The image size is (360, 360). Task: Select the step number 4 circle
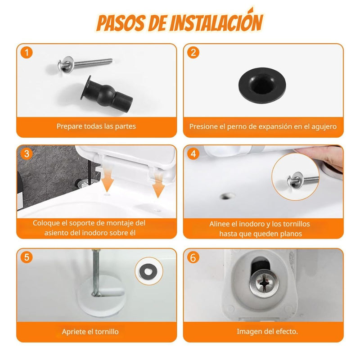click(193, 154)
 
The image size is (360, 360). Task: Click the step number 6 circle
click(193, 258)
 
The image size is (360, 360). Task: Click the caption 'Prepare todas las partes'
click(96, 126)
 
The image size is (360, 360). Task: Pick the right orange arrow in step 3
click(157, 189)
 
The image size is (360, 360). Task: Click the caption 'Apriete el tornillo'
click(90, 332)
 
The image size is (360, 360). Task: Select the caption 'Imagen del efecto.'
click(267, 332)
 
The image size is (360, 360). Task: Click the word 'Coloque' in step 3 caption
click(45, 223)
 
